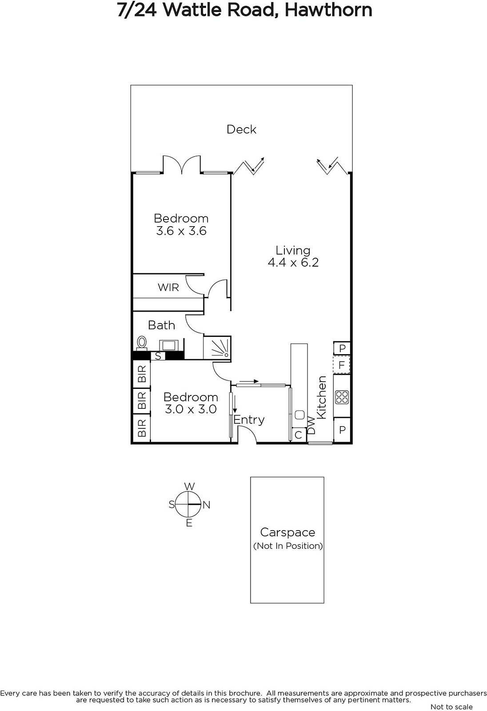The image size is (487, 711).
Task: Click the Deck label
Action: point(241,129)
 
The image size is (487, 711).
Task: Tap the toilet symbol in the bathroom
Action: point(142,343)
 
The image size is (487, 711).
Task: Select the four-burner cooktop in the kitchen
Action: point(342,397)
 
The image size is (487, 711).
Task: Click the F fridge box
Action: point(342,365)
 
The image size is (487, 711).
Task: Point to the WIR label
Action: point(168,288)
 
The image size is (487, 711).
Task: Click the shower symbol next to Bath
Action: point(217,348)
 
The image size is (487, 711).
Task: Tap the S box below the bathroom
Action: point(158,356)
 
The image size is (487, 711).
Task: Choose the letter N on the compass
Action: point(206,505)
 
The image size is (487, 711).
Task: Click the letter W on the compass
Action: point(189,486)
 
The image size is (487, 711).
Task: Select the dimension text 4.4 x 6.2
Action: point(293,263)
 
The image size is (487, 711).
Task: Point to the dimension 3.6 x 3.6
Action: point(181,231)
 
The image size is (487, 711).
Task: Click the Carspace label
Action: point(287,532)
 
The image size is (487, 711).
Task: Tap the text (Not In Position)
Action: point(288,546)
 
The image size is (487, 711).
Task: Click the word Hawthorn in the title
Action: point(328,10)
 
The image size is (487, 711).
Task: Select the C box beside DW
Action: point(299,435)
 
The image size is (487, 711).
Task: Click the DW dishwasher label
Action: point(312,425)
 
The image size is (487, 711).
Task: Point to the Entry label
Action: point(249,420)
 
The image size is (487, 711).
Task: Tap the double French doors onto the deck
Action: point(182,164)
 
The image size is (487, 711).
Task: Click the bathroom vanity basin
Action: point(168,345)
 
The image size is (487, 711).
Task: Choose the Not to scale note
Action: point(451,707)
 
